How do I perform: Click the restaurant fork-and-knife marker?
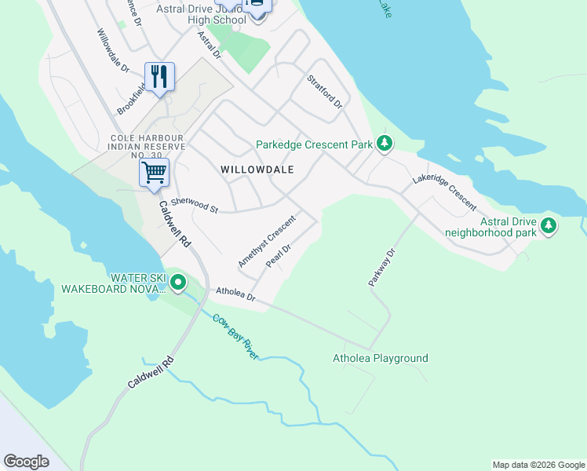159,77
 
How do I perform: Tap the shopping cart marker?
155,171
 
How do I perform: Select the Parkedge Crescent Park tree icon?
384,143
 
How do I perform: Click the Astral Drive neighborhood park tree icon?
549,226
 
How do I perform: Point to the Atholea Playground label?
381,359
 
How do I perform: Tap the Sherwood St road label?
194,205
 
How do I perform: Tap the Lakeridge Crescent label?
444,192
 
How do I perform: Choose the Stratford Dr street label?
325,92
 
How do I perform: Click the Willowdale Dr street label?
113,51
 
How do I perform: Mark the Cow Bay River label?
235,335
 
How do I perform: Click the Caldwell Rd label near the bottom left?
149,375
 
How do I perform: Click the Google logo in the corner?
26,462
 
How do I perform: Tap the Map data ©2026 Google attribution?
538,465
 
